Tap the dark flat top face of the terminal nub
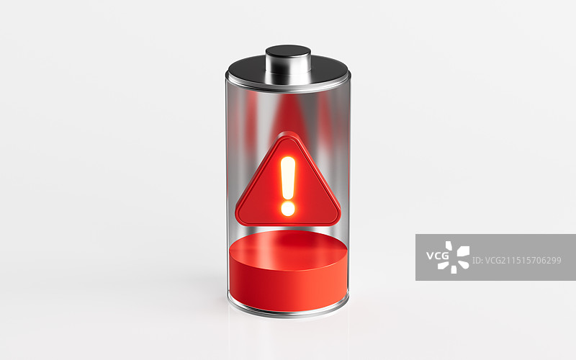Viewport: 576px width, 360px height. (289, 51)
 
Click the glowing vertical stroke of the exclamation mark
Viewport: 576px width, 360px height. (288, 177)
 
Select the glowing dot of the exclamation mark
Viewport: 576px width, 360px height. (288, 209)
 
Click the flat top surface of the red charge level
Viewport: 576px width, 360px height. (289, 249)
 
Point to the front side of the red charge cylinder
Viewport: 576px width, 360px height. (289, 289)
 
